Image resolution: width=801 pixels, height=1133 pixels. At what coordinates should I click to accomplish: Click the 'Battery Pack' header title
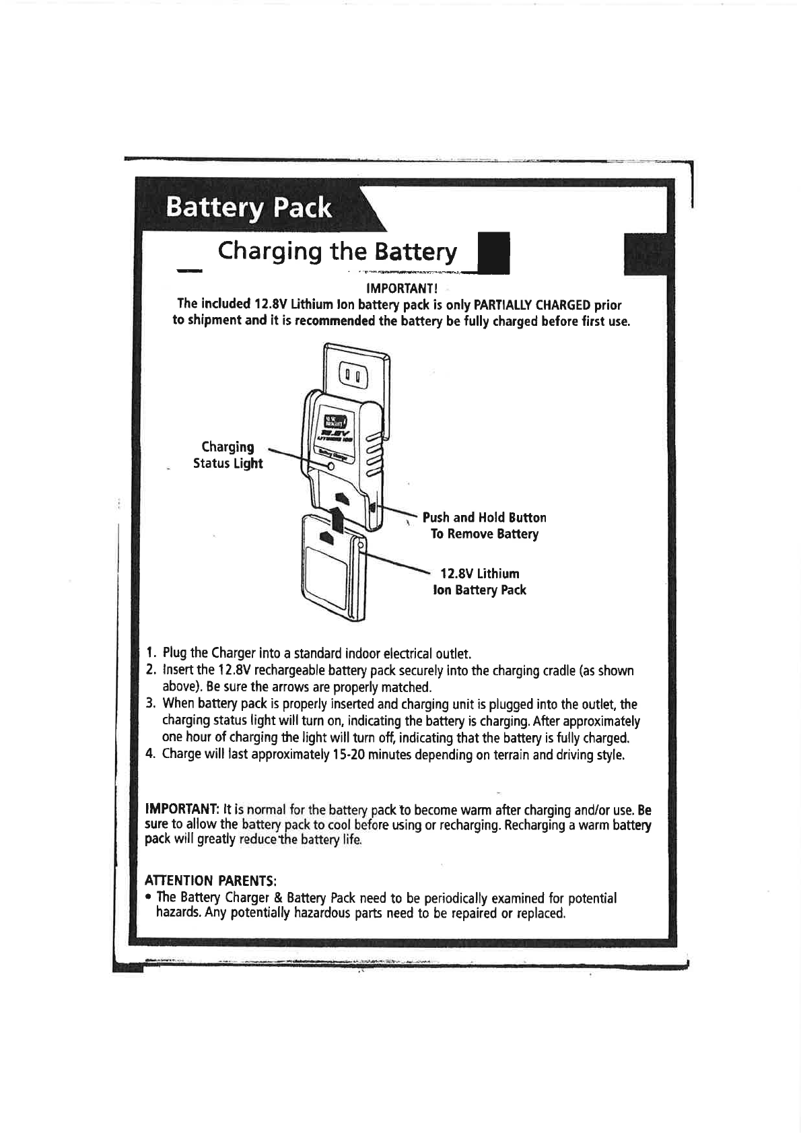(249, 207)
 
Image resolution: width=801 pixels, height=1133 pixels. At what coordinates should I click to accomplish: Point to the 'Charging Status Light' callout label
(228, 455)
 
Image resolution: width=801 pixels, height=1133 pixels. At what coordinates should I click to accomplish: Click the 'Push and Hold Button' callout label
(484, 518)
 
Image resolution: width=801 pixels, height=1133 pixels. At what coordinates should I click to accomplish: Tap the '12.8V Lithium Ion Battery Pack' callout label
(479, 582)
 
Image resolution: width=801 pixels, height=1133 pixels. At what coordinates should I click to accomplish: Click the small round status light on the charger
(330, 467)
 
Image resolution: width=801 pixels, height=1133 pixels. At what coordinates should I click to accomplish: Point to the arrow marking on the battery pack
(327, 537)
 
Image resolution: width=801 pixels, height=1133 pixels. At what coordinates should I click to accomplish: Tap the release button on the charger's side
(373, 506)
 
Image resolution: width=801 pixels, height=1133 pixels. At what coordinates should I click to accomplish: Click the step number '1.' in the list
(152, 654)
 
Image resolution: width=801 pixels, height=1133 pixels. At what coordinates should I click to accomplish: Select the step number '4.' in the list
(152, 754)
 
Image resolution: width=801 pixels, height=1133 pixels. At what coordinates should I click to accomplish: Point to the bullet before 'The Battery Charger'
(149, 898)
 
